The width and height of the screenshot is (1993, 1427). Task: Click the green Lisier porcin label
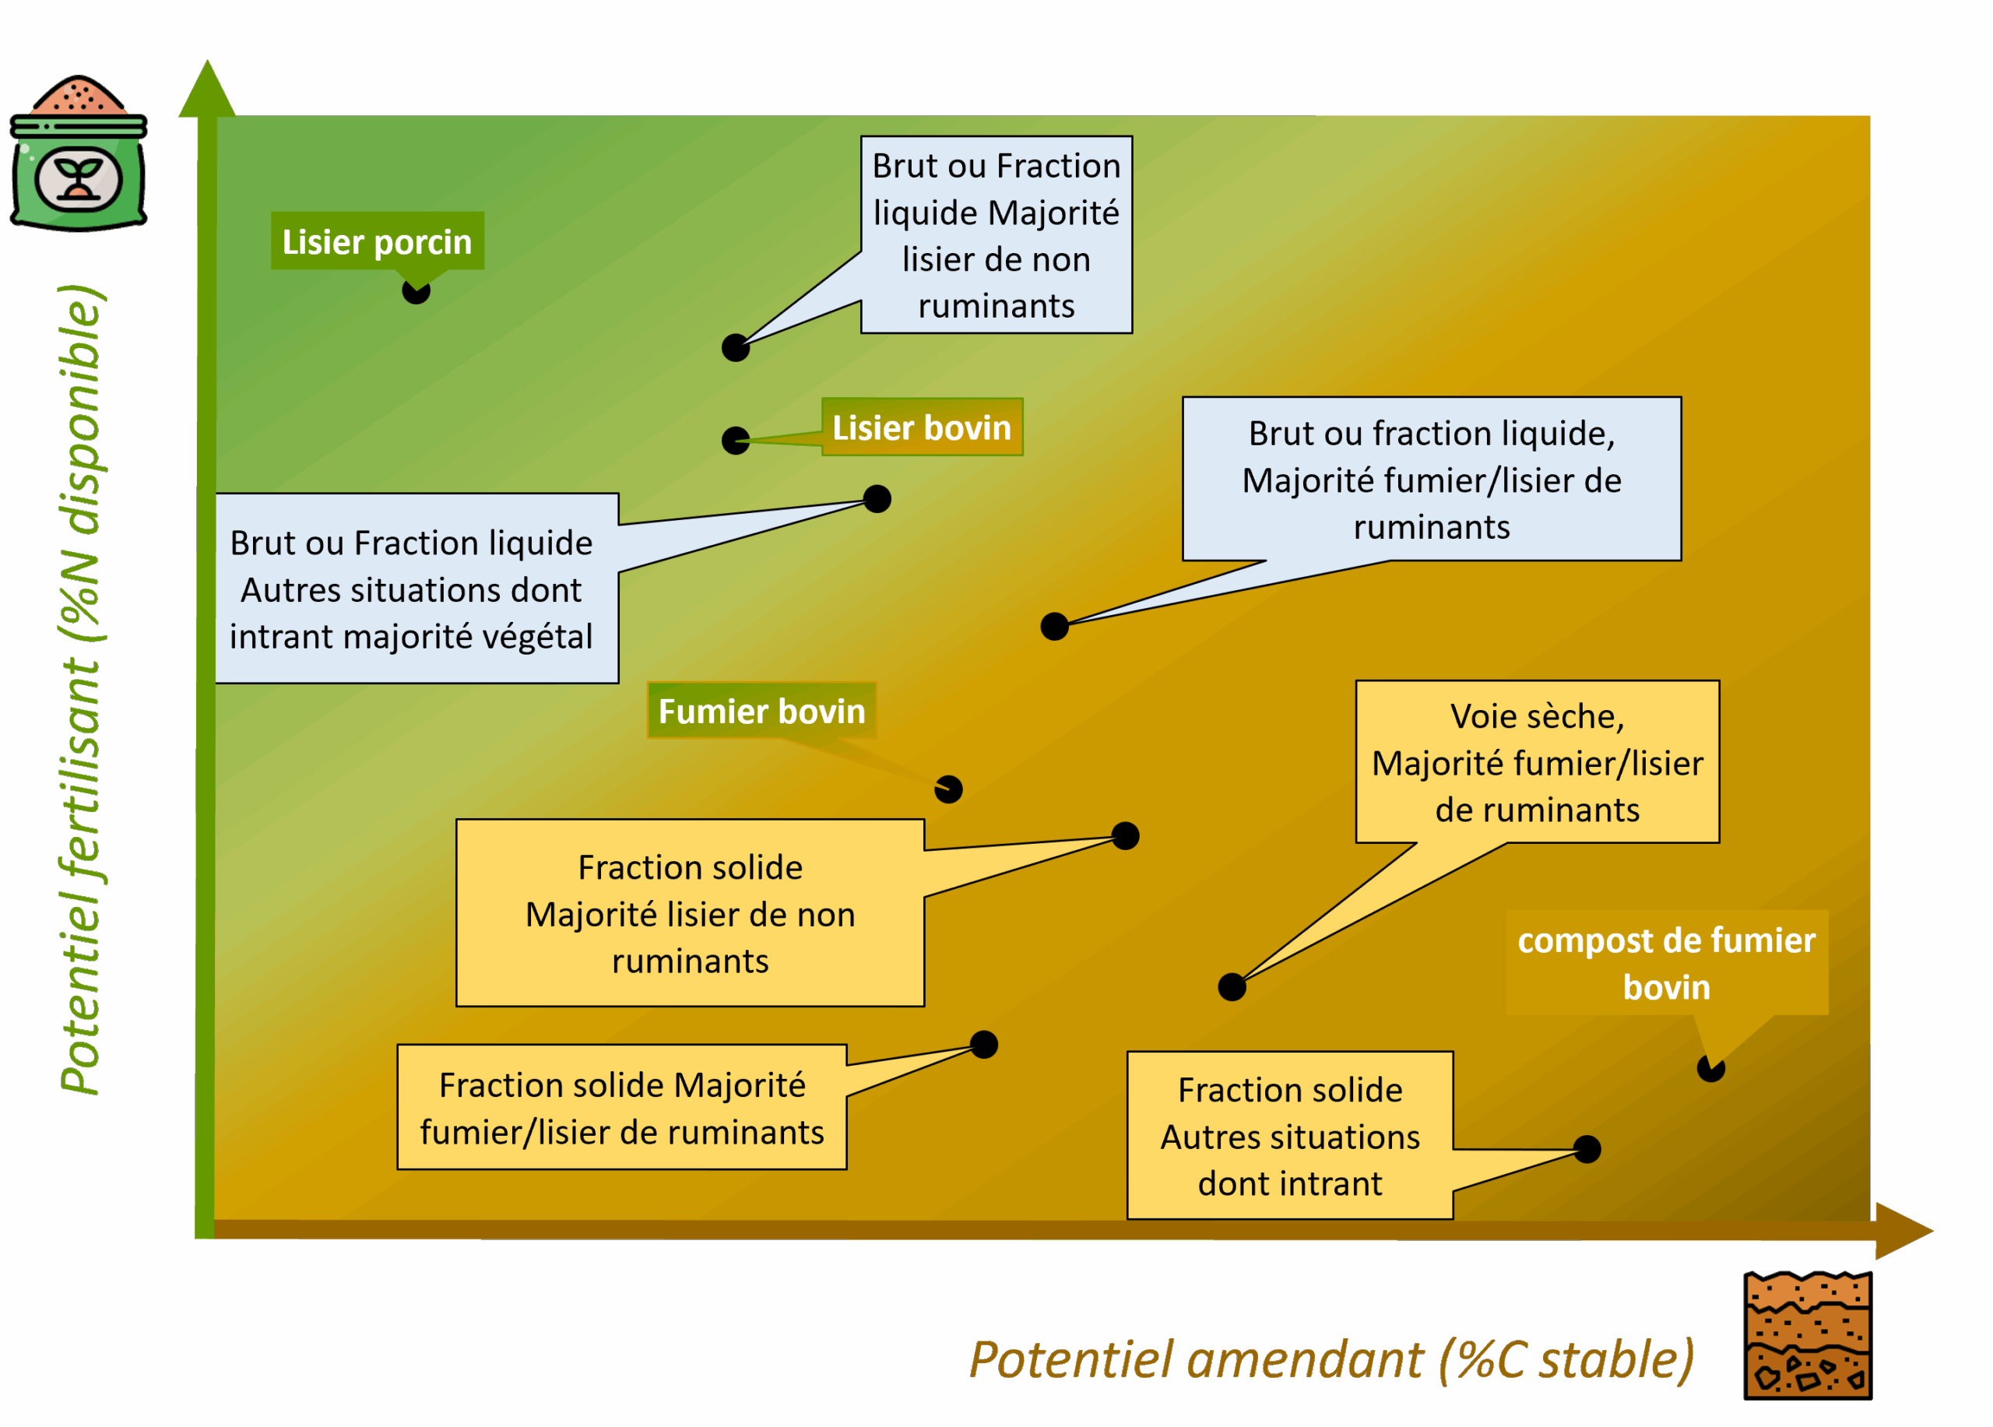[377, 241]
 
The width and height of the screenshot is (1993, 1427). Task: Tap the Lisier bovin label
[922, 427]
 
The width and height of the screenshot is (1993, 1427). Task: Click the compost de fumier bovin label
[1666, 963]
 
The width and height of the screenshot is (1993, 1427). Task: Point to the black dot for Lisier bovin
[736, 439]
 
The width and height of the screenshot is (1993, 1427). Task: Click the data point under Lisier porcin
[416, 291]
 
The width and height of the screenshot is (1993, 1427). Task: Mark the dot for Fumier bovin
[948, 789]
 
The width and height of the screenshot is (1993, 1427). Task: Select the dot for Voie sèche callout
[1232, 987]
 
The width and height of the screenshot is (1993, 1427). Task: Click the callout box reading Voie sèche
[1537, 762]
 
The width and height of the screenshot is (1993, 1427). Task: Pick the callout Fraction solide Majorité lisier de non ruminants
[690, 913]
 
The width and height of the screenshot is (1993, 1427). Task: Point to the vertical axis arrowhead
[206, 88]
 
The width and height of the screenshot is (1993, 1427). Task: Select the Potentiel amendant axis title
[1331, 1359]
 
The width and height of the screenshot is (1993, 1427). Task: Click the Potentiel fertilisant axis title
[81, 690]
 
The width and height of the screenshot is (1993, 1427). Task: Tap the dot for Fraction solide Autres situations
[1587, 1148]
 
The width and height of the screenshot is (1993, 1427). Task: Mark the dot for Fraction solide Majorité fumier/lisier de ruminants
[983, 1044]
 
